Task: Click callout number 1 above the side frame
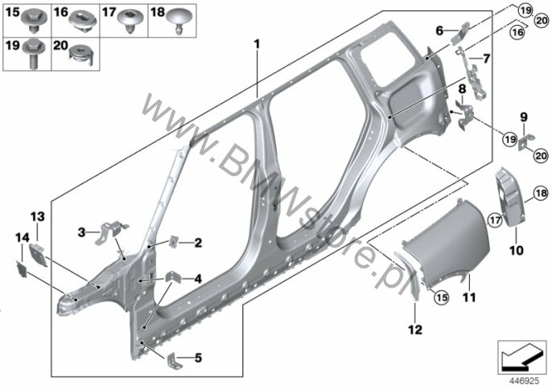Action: coord(257,44)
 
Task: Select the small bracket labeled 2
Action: coord(174,242)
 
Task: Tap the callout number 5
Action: coord(198,358)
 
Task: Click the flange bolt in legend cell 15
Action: coord(35,21)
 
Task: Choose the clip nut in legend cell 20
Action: coord(81,55)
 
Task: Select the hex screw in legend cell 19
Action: coord(34,54)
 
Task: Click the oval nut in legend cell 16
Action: coord(82,22)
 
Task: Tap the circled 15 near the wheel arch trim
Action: coord(442,297)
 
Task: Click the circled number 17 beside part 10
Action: coord(495,220)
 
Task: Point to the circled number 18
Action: coord(541,193)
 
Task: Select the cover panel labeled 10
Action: coord(511,196)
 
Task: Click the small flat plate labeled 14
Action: coord(22,268)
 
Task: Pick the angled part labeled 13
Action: coord(38,254)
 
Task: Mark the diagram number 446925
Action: coord(525,381)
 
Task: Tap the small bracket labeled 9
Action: coord(526,142)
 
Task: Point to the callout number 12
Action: coord(415,330)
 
